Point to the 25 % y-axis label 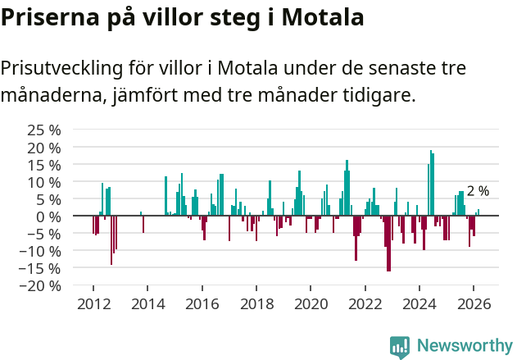coord(44,130)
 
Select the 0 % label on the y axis coord(51,216)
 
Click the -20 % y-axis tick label coord(41,285)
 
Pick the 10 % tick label coord(44,181)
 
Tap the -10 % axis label coord(41,251)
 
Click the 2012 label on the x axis coord(93,304)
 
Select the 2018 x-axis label coord(256,304)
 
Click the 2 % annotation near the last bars coord(478,191)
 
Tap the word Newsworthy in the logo coord(464,346)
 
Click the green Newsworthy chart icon coord(400,347)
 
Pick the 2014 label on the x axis coord(147,304)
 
